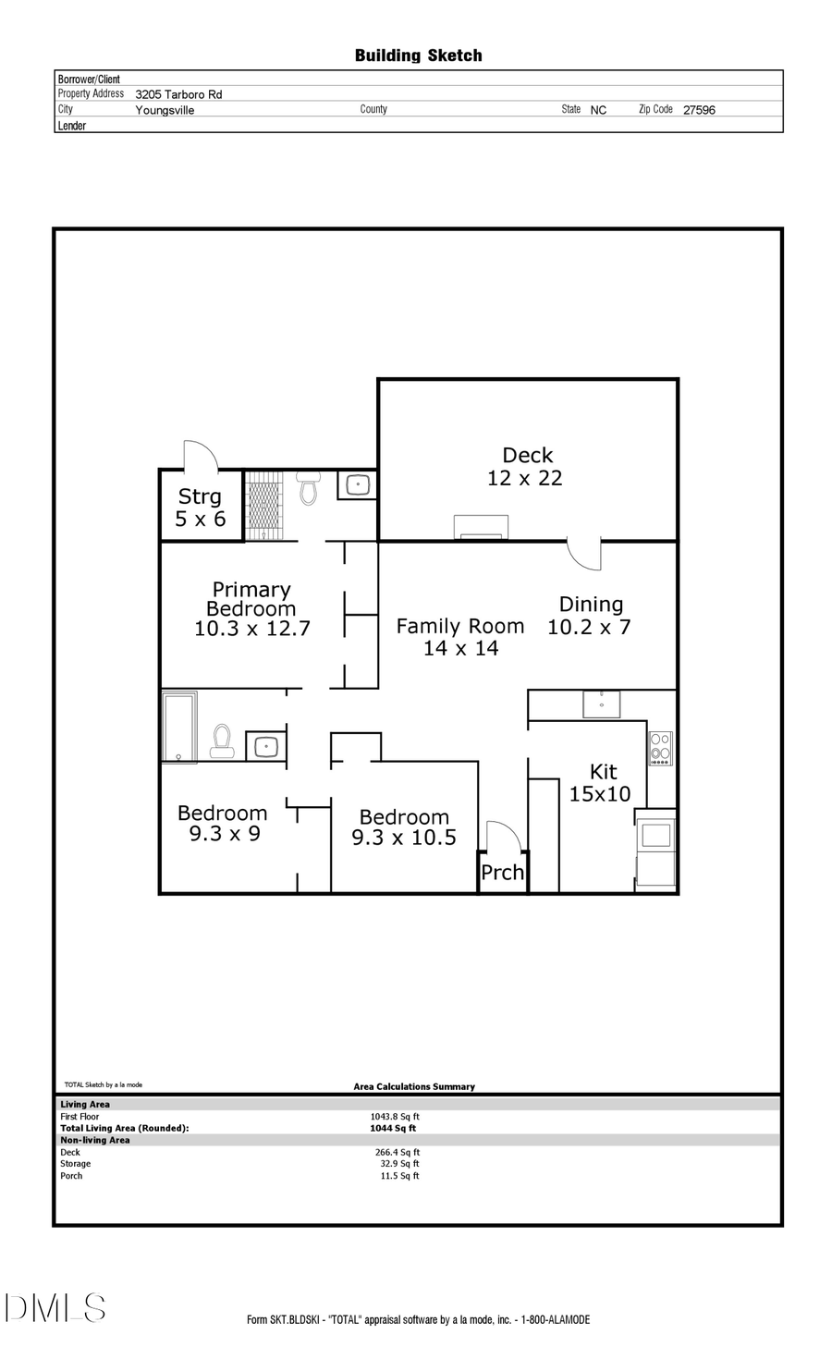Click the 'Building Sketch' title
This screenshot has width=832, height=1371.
418,55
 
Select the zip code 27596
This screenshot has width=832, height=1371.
699,109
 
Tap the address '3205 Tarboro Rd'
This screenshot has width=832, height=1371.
178,94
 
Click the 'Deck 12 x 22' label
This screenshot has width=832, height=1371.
526,467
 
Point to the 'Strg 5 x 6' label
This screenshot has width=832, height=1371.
200,508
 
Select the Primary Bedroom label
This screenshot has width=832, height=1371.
251,609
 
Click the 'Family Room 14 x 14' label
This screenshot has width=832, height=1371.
460,637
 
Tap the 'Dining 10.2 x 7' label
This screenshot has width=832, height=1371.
590,616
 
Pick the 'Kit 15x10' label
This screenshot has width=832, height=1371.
601,782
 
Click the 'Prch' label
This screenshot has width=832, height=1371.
502,872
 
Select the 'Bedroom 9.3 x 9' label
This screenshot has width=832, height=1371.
223,823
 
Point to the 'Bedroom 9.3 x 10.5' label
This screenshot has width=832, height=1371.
404,827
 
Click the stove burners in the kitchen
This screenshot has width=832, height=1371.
660,748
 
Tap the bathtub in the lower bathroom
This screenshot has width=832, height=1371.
179,726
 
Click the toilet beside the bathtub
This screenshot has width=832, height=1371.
222,741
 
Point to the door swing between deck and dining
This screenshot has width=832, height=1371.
585,553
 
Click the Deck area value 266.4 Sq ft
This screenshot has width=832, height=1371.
398,1152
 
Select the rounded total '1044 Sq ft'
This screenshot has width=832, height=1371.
393,1128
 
